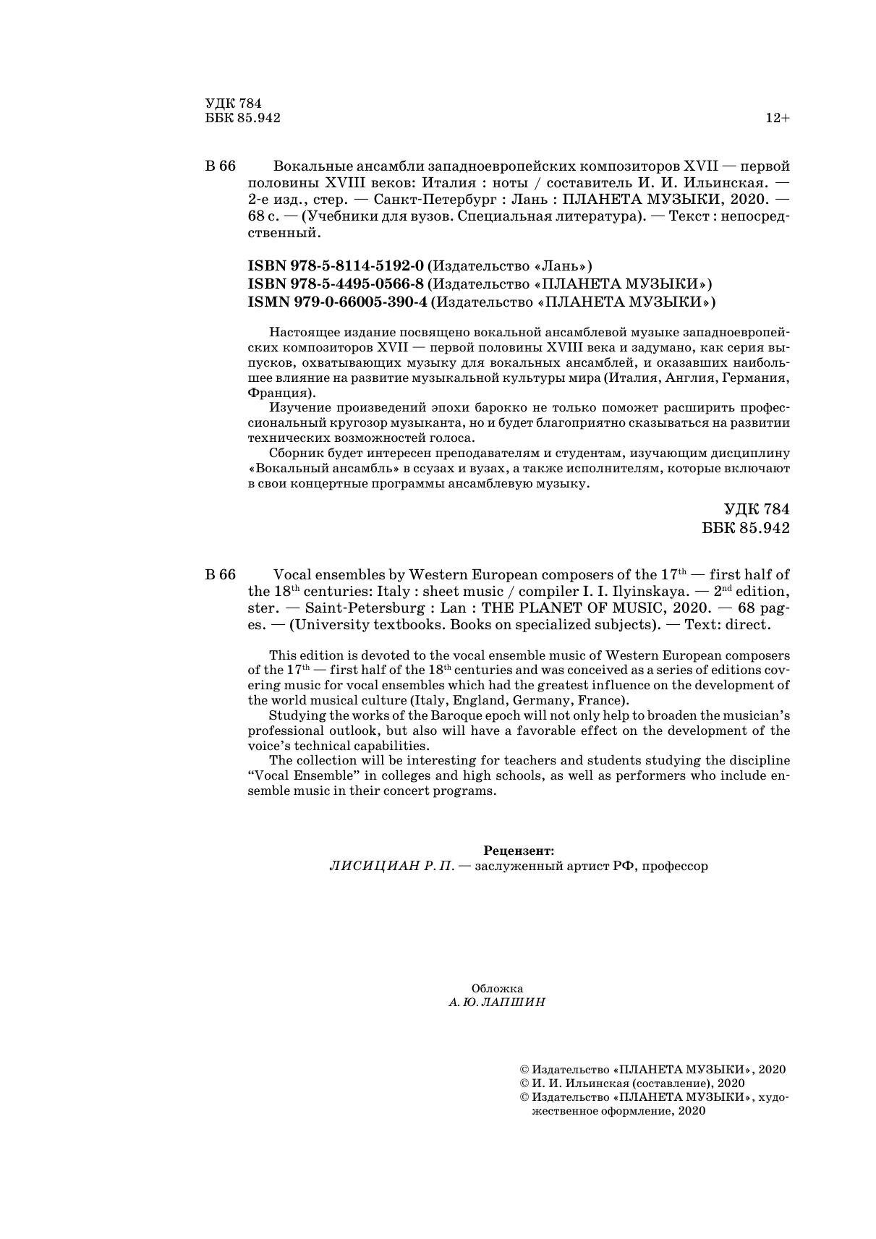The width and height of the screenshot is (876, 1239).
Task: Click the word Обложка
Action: (497, 988)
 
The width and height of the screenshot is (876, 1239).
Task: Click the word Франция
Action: (278, 393)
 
